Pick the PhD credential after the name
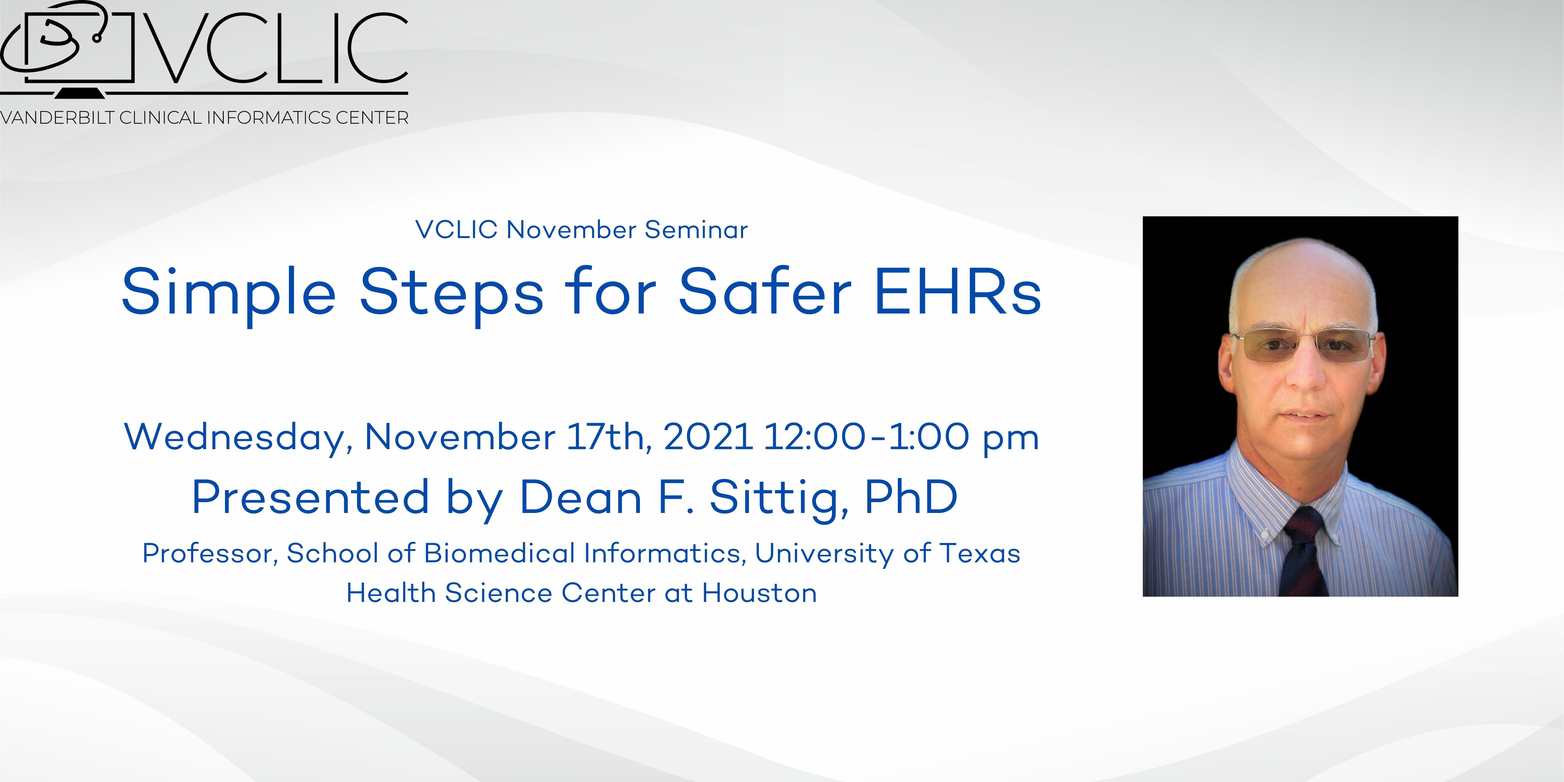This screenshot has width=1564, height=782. click(911, 497)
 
